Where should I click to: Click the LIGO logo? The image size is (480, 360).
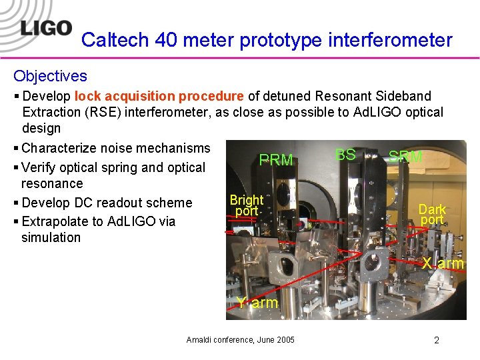point(45,28)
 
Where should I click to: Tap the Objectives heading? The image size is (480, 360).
point(50,76)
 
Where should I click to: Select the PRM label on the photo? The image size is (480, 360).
point(275,160)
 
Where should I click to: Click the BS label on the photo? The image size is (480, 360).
point(345,155)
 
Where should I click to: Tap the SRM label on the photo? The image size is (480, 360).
point(405,157)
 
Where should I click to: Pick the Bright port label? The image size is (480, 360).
point(246,205)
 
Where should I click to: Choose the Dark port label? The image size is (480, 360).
point(432,214)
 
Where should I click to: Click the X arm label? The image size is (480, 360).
point(443,263)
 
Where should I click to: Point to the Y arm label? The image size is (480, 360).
point(257,303)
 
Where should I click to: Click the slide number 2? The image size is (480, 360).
point(437,340)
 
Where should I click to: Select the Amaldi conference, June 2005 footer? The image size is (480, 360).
point(240,340)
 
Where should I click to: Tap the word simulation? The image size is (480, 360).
point(51,237)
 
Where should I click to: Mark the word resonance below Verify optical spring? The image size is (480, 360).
point(52,183)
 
